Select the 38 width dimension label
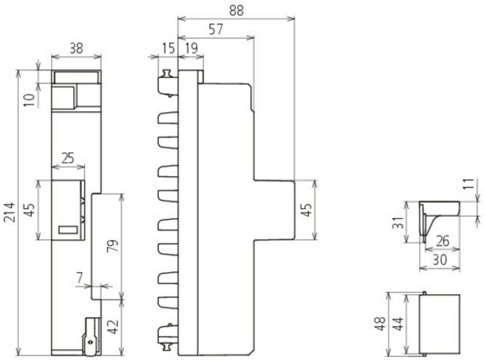click(x=76, y=48)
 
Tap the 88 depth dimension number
click(x=237, y=11)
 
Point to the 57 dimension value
click(x=216, y=29)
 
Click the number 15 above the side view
click(x=168, y=48)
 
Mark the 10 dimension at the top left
click(x=31, y=100)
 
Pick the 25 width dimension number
click(x=68, y=159)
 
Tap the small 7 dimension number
click(x=80, y=278)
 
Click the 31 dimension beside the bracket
click(x=399, y=222)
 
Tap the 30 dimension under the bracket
click(x=440, y=260)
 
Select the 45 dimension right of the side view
click(x=307, y=210)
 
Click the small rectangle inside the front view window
click(x=68, y=230)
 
